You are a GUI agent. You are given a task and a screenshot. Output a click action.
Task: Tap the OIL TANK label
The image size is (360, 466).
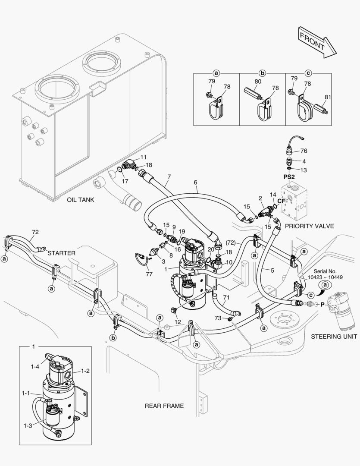point(80,200)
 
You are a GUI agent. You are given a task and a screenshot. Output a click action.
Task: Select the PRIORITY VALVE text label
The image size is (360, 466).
point(309,226)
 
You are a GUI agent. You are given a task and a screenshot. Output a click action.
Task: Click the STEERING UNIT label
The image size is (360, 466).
point(334,336)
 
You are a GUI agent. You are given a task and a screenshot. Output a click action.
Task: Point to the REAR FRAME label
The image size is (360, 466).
point(164,406)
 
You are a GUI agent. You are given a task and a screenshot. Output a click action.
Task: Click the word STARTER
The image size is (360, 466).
point(62,252)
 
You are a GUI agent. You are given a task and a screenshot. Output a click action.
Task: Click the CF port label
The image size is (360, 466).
point(281,201)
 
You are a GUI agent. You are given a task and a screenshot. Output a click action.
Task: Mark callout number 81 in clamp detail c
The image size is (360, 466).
point(328,97)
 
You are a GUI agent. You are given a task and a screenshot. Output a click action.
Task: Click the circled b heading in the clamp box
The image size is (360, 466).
point(262,73)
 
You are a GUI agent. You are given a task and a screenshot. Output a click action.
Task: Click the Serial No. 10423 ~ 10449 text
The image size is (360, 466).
point(326,274)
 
